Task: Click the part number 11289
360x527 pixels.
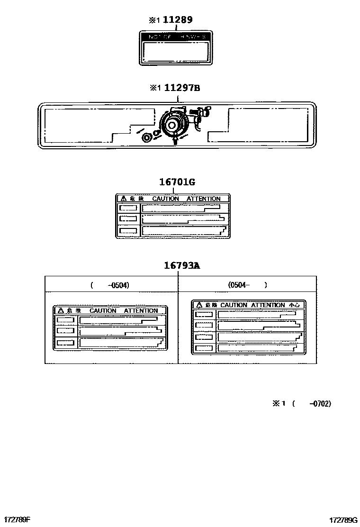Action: (178, 20)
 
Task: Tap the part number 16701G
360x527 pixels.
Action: (177, 182)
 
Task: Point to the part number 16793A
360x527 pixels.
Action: (182, 265)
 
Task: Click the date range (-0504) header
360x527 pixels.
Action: (110, 285)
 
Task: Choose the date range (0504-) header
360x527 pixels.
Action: (247, 285)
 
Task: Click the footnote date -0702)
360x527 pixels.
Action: (320, 403)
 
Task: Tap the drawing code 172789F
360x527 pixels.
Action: (17, 519)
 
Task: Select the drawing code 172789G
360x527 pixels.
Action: (344, 519)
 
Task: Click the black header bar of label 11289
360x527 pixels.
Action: (176, 36)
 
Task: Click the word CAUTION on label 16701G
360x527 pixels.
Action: (166, 199)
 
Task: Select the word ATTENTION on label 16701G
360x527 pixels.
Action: (203, 199)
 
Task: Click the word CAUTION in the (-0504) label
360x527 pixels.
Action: (103, 310)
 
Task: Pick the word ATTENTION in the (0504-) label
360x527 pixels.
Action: (268, 305)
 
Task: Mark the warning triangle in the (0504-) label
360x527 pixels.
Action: (199, 305)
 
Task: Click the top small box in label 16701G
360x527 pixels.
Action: (128, 208)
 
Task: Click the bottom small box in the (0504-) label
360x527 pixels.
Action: (204, 348)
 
